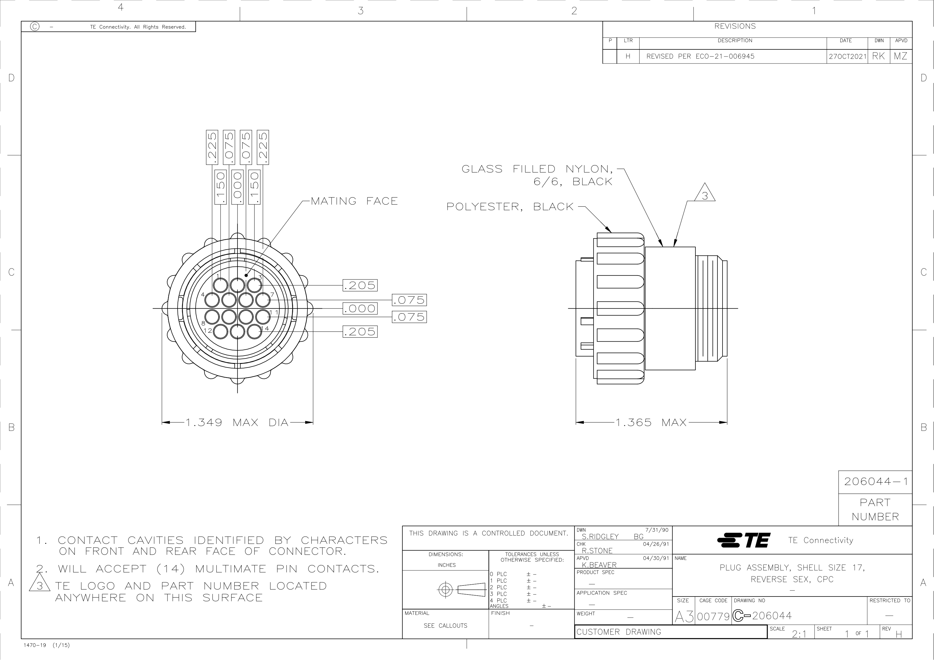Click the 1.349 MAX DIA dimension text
(237, 423)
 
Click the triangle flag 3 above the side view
(704, 193)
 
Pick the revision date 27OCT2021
(847, 56)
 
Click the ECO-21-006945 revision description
(725, 56)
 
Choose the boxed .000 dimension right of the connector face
(360, 308)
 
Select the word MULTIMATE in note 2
(231, 569)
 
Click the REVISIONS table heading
(735, 26)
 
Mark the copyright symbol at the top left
(35, 27)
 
